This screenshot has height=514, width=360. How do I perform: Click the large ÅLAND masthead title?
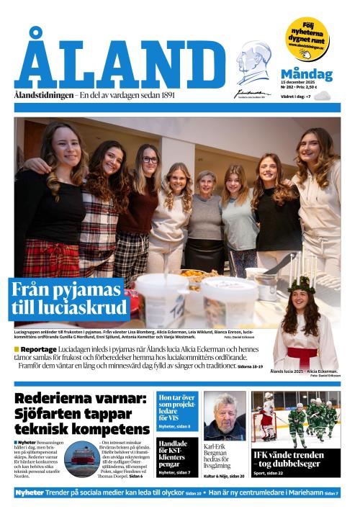tap(119, 65)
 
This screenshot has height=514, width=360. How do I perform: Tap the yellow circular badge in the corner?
tap(307, 37)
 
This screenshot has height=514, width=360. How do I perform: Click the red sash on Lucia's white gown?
tap(302, 353)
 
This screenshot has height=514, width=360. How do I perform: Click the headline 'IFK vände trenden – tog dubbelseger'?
tap(296, 459)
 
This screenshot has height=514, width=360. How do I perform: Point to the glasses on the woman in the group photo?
tap(150, 160)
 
